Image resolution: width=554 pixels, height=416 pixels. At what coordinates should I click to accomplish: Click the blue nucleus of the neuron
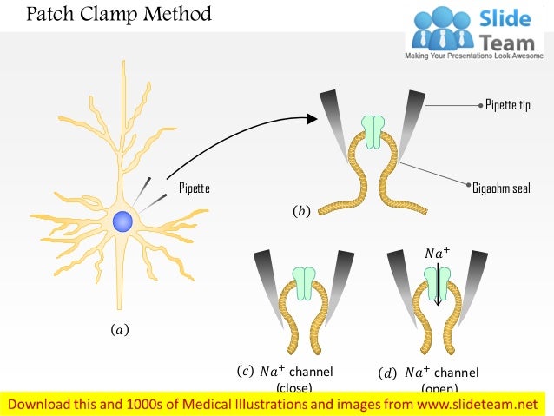123,221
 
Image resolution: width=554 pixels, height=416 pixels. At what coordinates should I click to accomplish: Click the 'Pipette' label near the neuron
194,188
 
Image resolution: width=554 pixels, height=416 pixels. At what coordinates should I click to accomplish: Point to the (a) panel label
119,330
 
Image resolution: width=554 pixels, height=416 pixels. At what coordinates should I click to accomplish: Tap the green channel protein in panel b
372,131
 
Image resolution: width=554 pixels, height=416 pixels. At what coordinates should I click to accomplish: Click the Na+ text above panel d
438,254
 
